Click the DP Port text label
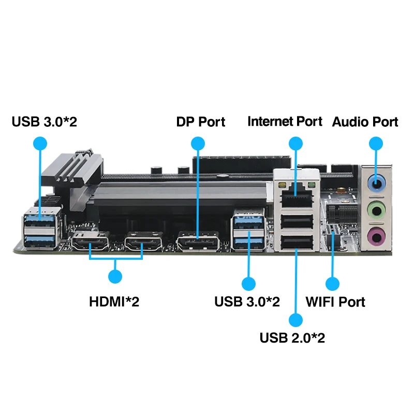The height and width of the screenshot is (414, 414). pos(201,122)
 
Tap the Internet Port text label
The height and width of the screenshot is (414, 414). pos(285,122)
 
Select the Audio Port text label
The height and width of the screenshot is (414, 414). pos(365,122)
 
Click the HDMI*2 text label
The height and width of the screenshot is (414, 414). pos(114,302)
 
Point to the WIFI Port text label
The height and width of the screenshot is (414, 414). pos(335,302)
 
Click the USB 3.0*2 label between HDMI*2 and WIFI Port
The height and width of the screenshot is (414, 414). pos(247,302)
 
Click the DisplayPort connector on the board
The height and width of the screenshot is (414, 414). pos(198,242)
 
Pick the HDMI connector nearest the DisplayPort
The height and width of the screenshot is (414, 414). pos(143,242)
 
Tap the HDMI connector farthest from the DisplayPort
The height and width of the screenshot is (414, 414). pos(91,242)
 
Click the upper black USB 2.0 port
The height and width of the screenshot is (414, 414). pos(296,221)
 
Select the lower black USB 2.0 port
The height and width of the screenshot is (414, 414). pos(296,242)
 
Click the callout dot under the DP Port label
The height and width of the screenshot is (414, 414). pos(197,143)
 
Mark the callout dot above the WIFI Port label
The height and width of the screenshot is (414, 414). pos(332,284)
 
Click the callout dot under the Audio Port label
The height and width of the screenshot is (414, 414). pos(376,143)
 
